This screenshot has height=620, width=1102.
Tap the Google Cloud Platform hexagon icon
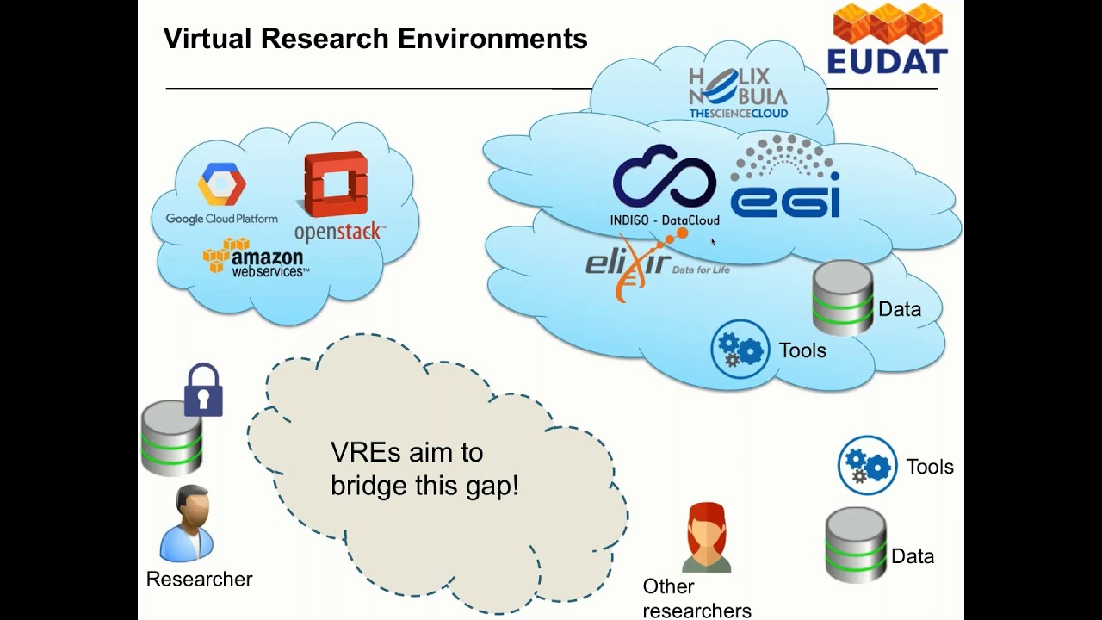point(222,183)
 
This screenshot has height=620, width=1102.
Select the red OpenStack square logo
point(336,184)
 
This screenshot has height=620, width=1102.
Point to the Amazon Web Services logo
point(256,257)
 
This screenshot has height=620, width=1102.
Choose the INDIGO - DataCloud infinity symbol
point(664,177)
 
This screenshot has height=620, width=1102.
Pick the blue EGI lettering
point(784,196)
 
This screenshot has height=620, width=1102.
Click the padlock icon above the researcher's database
point(203,391)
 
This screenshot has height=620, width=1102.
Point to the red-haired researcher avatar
point(707,537)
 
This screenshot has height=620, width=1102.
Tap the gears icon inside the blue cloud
point(740,349)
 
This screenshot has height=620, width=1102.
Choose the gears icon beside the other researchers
point(867,465)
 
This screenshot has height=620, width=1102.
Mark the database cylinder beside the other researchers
point(856,544)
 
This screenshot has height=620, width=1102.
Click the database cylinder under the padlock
point(171,438)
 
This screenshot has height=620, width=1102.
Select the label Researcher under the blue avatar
point(199,579)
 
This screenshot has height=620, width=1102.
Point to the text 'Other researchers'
point(696,598)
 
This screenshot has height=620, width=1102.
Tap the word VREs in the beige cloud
point(362,453)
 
